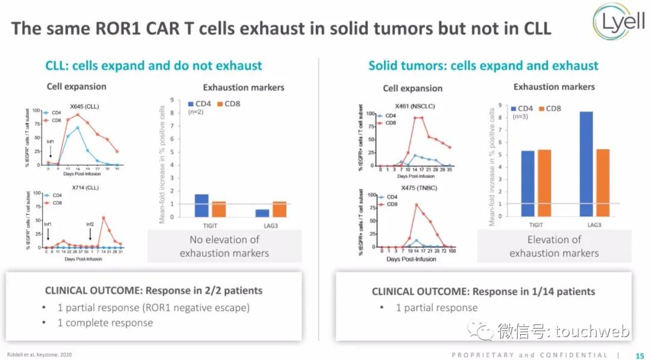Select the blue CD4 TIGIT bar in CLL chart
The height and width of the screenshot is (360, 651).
click(201, 206)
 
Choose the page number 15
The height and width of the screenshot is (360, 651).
click(640, 355)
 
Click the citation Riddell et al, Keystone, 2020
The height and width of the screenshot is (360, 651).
click(40, 355)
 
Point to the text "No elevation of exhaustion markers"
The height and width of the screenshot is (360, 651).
click(224, 246)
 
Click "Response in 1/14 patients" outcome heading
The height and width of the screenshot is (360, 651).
click(533, 291)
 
